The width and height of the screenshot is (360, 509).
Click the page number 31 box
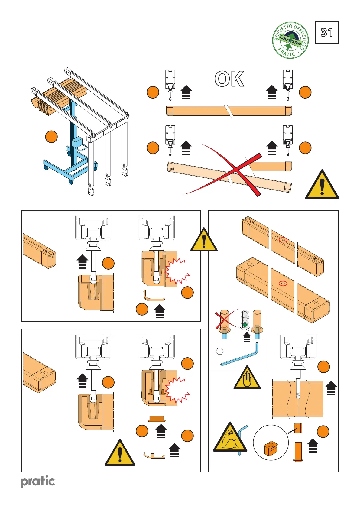pyautogui.click(x=327, y=33)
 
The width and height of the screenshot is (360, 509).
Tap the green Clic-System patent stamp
pyautogui.click(x=290, y=40)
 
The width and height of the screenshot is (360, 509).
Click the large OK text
pyautogui.click(x=229, y=79)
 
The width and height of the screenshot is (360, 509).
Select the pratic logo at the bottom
pyautogui.click(x=37, y=481)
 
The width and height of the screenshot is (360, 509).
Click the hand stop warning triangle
pyautogui.click(x=247, y=378)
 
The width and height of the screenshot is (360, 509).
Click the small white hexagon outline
pyautogui.click(x=220, y=351)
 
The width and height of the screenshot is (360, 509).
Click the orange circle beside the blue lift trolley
pyautogui.click(x=51, y=137)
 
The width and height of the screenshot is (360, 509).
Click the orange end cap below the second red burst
pyautogui.click(x=157, y=419)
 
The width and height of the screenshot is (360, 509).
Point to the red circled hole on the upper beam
pyautogui.click(x=283, y=240)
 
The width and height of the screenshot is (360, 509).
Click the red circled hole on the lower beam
pyautogui.click(x=283, y=284)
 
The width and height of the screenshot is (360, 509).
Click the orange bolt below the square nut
pyautogui.click(x=297, y=452)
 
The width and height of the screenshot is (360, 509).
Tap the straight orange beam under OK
pyautogui.click(x=229, y=111)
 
